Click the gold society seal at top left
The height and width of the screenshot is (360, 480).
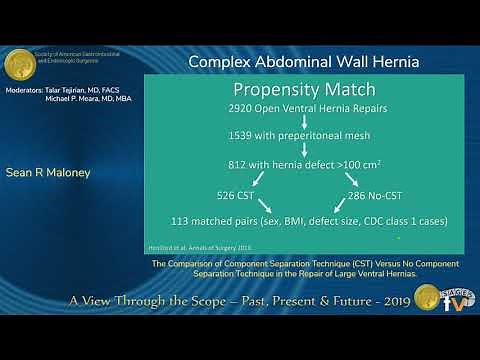click(20, 64)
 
